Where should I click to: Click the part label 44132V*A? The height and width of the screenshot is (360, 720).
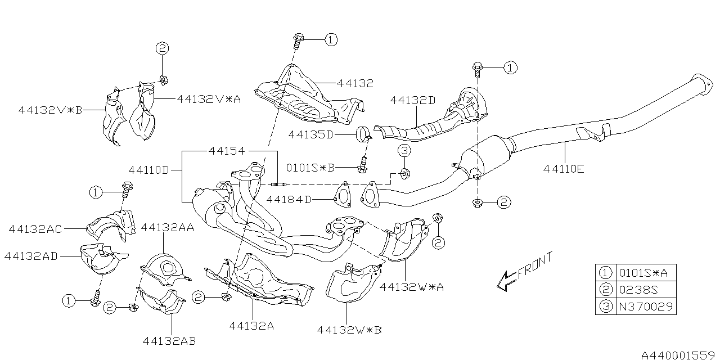coord(209,99)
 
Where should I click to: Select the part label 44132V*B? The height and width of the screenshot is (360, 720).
coord(49,110)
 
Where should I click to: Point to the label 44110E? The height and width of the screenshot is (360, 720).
coord(564,168)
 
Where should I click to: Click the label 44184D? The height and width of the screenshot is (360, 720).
coord(289,199)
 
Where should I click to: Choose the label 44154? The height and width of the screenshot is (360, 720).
coord(227,151)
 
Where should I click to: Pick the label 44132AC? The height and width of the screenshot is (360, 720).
coord(35,228)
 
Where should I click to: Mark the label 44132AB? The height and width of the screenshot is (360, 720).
coord(169,340)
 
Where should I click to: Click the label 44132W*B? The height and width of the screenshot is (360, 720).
coord(349,330)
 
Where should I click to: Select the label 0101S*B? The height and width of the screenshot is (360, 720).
coord(310,167)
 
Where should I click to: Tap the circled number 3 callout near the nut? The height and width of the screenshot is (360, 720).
coord(404,150)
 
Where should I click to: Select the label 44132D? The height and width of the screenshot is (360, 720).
coord(413,100)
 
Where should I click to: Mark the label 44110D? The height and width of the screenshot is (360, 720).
coord(148,169)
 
